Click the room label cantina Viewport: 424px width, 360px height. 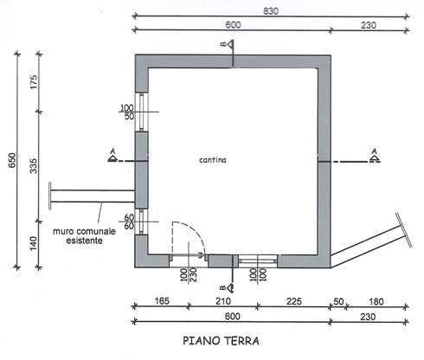coord(213,160)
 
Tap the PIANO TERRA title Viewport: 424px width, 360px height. coord(221,341)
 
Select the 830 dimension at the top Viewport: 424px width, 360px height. coord(271,11)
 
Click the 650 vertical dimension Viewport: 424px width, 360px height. coord(12,160)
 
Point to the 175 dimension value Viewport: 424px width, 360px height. coord(34,82)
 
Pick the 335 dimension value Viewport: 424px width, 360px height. coord(34,166)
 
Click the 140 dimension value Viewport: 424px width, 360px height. coord(34,243)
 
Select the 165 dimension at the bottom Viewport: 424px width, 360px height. coord(162,301)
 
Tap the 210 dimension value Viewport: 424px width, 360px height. coord(223,301)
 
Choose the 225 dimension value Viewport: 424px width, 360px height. coord(294,301)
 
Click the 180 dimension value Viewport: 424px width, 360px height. coord(376,302)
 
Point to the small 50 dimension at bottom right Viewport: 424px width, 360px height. coord(338,302)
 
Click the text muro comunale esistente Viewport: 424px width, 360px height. coord(84,235)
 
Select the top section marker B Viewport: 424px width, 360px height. coord(228,44)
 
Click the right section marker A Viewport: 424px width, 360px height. coord(374,156)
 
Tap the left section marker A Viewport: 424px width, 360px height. coord(112,155)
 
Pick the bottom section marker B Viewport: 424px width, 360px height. coord(228,287)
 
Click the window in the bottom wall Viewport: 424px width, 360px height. coord(258,261)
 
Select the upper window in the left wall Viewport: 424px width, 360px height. coord(142,112)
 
